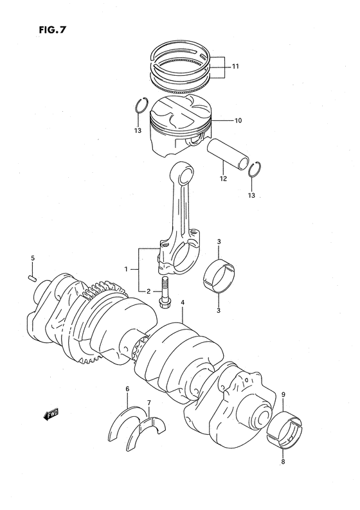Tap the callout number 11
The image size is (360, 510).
235,66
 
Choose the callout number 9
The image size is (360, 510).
283,394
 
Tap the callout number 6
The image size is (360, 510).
127,389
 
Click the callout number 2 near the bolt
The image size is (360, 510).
148,291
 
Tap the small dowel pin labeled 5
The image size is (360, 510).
32,277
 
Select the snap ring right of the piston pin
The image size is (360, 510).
255,165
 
